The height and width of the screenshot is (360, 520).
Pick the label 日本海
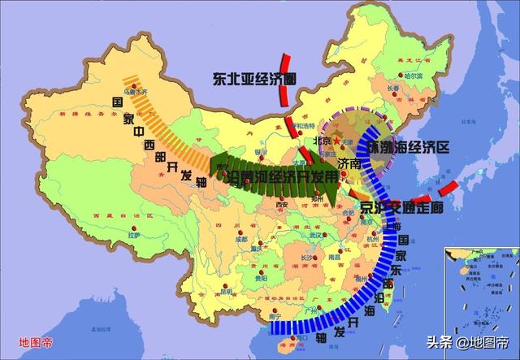[467, 122]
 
